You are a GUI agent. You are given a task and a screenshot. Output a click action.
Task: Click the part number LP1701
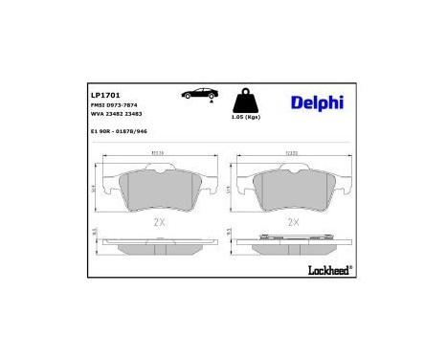coord(104,96)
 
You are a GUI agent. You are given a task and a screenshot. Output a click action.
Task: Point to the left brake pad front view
coord(158,191)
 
